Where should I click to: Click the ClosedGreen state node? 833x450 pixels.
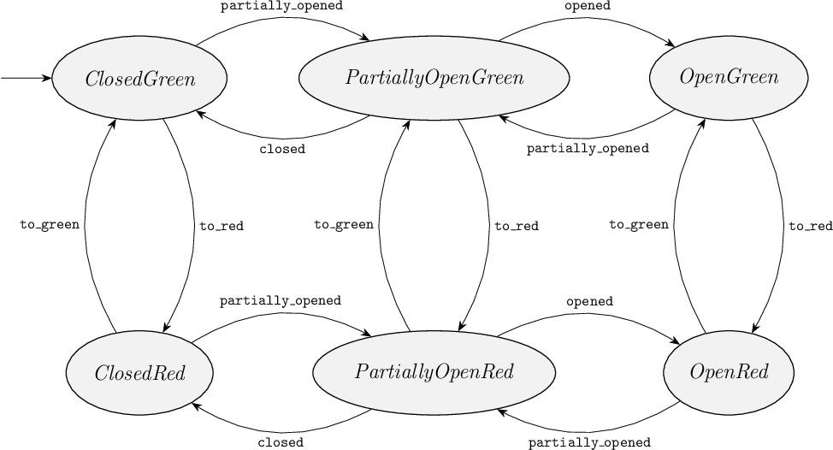[x=140, y=79]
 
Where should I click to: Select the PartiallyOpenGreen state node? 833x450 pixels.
[x=434, y=79]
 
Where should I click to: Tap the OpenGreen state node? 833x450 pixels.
[x=729, y=79]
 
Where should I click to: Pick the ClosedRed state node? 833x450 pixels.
[x=140, y=373]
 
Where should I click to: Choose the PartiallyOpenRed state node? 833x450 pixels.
[x=434, y=373]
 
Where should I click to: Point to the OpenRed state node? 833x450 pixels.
[x=729, y=373]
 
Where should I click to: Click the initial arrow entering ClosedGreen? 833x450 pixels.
[x=26, y=78]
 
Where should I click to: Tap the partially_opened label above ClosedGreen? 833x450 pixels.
[x=281, y=6]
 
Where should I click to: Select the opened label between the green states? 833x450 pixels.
[x=588, y=6]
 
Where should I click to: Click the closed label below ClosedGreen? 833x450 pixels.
[x=281, y=149]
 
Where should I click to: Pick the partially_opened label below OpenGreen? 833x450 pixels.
[x=588, y=148]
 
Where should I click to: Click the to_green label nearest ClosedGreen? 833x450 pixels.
[x=50, y=225]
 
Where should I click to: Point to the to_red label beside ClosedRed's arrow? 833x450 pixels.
[x=221, y=227]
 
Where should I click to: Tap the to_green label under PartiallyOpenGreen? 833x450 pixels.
[x=343, y=225]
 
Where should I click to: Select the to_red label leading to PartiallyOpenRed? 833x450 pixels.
[x=516, y=227]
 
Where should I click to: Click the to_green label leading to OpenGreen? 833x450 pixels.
[x=638, y=225]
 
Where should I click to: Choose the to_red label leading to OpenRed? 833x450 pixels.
[x=810, y=227]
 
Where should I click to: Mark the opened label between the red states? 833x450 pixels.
[x=589, y=301]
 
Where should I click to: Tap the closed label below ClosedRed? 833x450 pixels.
[x=281, y=443]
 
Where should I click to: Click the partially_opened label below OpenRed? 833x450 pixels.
[x=589, y=443]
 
